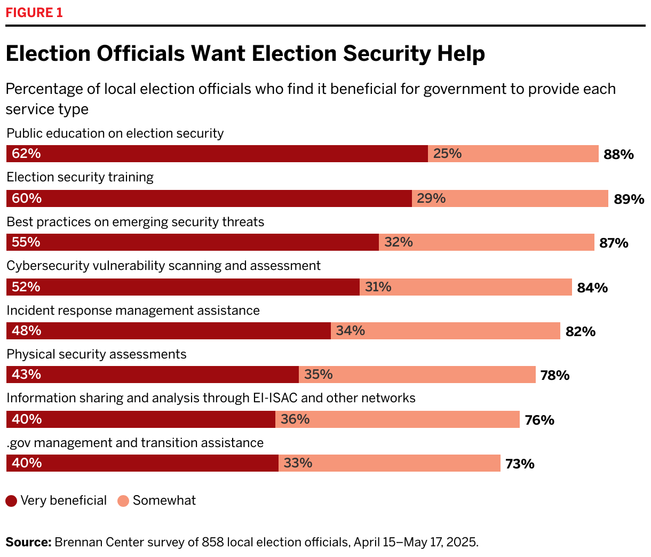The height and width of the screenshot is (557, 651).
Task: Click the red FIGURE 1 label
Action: point(34,13)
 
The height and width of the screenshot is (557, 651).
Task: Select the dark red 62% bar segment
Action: point(217,154)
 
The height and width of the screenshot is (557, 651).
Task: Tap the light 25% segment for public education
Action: point(513,154)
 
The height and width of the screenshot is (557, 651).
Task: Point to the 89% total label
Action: point(629,200)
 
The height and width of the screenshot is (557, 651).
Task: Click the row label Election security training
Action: point(80,177)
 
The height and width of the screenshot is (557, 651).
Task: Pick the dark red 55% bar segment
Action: point(193,242)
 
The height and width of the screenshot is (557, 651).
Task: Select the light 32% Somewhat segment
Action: point(486,242)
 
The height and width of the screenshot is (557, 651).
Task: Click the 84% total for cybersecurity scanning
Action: point(592,288)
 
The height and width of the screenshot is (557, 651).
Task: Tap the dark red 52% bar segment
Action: point(183,287)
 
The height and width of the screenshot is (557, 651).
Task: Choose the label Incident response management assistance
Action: point(133,311)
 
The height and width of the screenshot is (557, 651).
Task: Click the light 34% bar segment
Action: point(445,331)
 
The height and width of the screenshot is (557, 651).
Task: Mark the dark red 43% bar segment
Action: point(153,375)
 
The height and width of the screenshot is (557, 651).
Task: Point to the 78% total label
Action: point(555,376)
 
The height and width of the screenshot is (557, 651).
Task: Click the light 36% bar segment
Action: point(397,419)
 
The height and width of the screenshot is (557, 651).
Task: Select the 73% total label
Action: point(520,464)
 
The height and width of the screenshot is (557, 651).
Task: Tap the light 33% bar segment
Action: point(389,463)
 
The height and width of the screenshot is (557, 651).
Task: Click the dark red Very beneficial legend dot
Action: point(11,501)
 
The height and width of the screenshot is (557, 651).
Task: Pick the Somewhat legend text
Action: point(164,500)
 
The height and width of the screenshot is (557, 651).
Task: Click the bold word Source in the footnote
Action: point(28,543)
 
